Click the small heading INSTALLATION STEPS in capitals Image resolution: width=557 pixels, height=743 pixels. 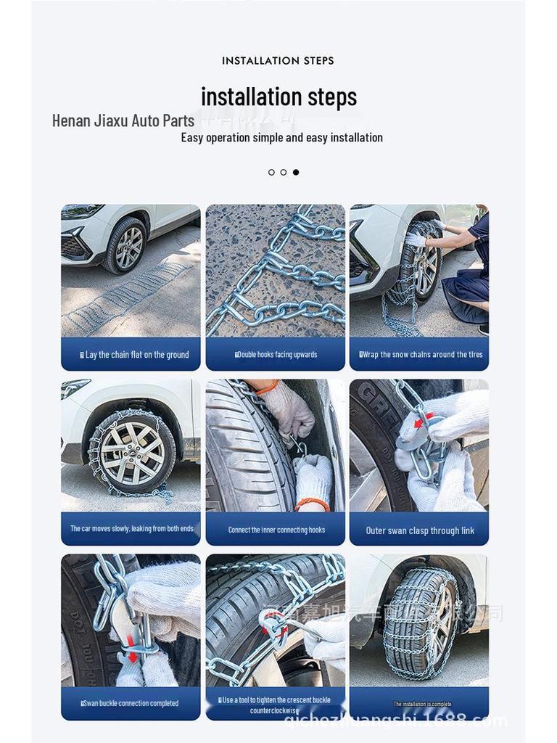[x=278, y=61]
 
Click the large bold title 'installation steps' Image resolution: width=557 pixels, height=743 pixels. [x=278, y=97]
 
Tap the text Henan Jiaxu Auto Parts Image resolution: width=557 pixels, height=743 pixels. [x=123, y=120]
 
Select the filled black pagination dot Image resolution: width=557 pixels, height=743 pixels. [x=295, y=173]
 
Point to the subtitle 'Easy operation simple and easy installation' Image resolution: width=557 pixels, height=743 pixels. [x=281, y=138]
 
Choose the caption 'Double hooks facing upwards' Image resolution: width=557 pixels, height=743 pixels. [x=276, y=355]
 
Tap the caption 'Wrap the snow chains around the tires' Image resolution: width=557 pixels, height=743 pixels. [x=421, y=355]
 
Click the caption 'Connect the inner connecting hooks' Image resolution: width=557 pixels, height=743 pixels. [x=276, y=530]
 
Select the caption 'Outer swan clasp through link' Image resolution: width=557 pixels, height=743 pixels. [x=420, y=530]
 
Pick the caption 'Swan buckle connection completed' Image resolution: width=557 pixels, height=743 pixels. [x=131, y=703]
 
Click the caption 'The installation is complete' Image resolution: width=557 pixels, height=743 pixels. [x=422, y=704]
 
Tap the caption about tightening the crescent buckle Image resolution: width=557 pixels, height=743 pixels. [x=276, y=705]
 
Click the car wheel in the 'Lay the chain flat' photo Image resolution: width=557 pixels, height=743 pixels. [x=127, y=245]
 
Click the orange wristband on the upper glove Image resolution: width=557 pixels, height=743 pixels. [x=267, y=388]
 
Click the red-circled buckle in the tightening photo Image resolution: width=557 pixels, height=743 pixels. [x=273, y=624]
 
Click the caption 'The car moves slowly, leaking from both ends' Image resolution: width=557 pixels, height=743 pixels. [x=131, y=529]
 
